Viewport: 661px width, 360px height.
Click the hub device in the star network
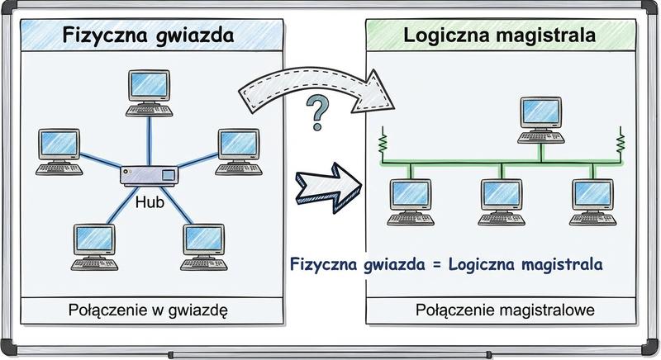(x=150, y=174)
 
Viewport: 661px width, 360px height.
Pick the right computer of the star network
(x=237, y=149)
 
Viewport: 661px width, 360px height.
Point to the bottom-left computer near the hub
(x=96, y=244)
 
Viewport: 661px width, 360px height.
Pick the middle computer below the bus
(x=502, y=199)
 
